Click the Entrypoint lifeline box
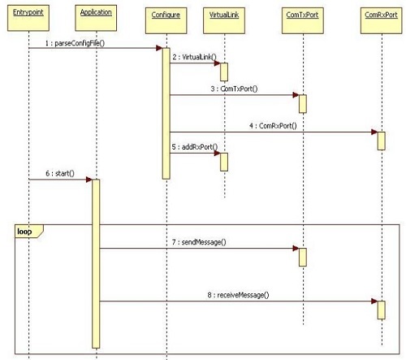coord(28,18)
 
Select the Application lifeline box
coord(96,18)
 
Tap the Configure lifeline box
coord(166,20)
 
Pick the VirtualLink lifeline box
coord(224,20)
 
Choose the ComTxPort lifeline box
coord(302,20)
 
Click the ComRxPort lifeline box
coord(381,20)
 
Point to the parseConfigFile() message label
coord(75,43)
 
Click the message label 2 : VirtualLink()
coord(195,57)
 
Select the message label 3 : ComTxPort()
coord(234,89)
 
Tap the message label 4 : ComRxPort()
coord(273,126)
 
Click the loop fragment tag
coord(29,232)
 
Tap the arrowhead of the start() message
coord(89,180)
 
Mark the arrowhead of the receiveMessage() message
coord(374,301)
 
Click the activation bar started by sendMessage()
coord(303,257)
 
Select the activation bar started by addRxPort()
coord(224,162)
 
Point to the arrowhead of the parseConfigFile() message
coord(159,48)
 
